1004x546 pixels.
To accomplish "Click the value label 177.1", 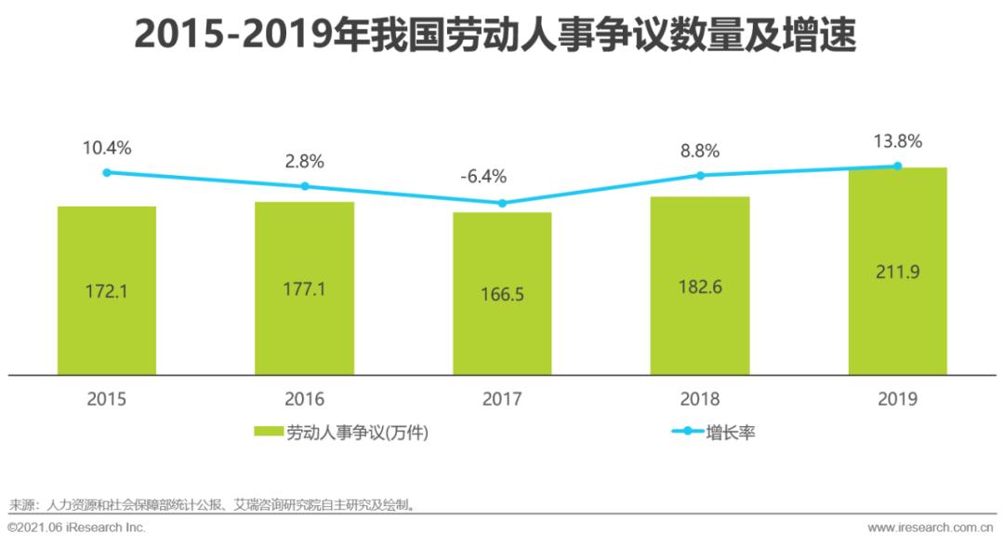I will (304, 289).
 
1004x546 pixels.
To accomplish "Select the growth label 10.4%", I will (107, 147).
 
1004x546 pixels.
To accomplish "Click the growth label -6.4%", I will (502, 177).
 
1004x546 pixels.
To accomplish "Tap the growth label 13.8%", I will (897, 141).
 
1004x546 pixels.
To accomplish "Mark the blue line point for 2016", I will (305, 186).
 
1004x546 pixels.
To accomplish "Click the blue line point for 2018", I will (700, 175).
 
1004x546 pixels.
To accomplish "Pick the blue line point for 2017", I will (502, 203).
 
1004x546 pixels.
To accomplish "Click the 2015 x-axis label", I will (107, 399).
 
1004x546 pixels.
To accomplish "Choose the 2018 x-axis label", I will (700, 399).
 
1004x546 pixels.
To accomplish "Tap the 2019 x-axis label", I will (897, 399).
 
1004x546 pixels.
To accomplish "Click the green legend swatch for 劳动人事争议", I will (269, 433).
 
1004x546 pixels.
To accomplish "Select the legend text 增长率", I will (731, 433).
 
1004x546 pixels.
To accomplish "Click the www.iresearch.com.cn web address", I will (931, 527).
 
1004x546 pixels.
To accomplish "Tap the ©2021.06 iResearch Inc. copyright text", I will (76, 527).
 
